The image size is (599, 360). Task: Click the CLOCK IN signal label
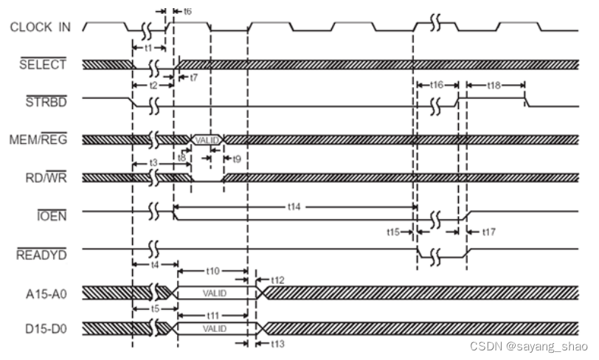click(x=41, y=27)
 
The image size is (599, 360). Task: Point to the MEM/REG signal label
click(x=41, y=139)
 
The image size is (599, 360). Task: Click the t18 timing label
click(x=495, y=86)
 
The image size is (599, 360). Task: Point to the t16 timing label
click(x=437, y=86)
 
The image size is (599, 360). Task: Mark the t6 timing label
click(x=187, y=12)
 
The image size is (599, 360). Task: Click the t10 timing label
click(x=213, y=271)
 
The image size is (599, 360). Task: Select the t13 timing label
click(x=277, y=343)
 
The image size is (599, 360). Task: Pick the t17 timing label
click(x=489, y=232)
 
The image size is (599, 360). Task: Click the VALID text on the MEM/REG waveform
click(x=207, y=139)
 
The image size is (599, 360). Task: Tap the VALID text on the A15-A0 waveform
click(x=214, y=292)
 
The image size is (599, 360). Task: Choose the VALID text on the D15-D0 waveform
click(x=214, y=328)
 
